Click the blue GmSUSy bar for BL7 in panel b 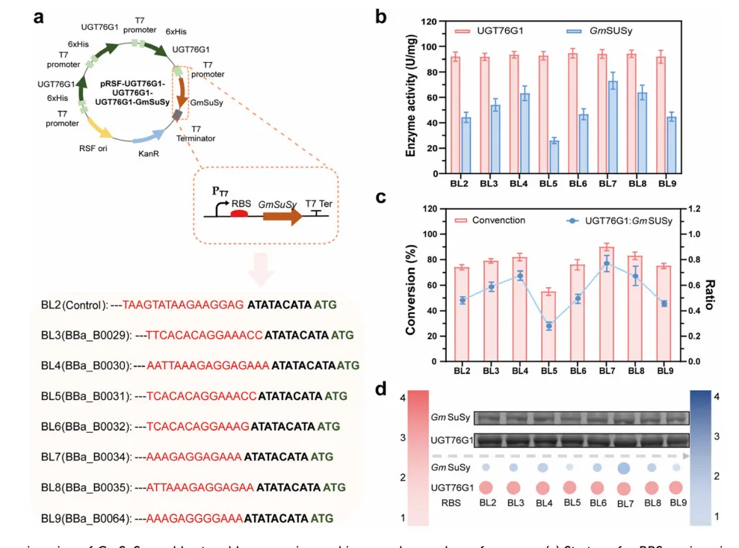click(613, 127)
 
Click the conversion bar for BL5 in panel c click(548, 326)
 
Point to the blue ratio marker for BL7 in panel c click(606, 263)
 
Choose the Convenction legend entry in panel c click(489, 221)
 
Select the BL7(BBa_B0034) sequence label click(86, 455)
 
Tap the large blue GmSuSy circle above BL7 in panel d click(622, 468)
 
